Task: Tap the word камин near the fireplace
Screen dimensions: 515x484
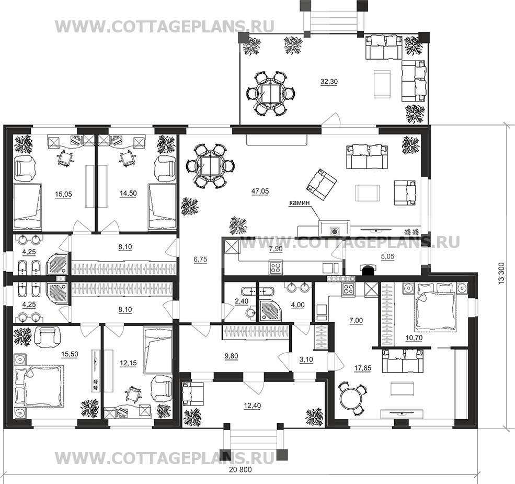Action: click(x=299, y=203)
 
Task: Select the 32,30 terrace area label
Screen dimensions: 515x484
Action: click(x=329, y=82)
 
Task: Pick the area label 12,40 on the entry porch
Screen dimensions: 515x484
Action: click(x=252, y=406)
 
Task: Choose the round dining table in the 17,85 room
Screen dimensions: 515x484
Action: click(x=350, y=399)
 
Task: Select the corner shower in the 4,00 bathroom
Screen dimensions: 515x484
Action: click(x=269, y=310)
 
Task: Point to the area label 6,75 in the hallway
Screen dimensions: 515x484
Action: click(x=200, y=260)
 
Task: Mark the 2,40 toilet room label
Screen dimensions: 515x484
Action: click(x=242, y=301)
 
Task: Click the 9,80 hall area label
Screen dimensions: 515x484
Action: click(x=231, y=356)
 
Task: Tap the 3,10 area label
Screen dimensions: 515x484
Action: click(x=306, y=359)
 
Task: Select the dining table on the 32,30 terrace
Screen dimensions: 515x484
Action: click(x=271, y=93)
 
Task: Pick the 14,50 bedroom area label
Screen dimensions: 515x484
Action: click(x=128, y=194)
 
